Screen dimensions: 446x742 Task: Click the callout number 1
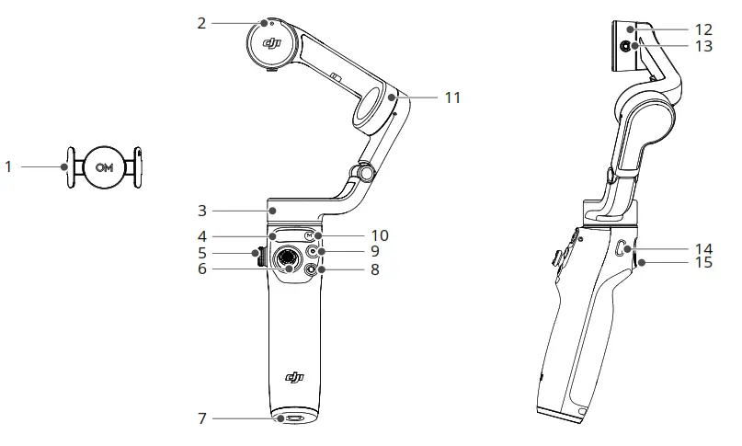pyautogui.click(x=8, y=166)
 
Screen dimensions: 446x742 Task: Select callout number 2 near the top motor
pyautogui.click(x=201, y=22)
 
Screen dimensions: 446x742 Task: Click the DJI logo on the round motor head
pyautogui.click(x=271, y=42)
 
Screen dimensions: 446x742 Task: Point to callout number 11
pyautogui.click(x=451, y=96)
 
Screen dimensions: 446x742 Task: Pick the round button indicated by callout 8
pyautogui.click(x=310, y=269)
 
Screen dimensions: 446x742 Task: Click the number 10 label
pyautogui.click(x=379, y=235)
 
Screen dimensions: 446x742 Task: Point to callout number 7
pyautogui.click(x=201, y=419)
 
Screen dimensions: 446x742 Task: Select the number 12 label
pyautogui.click(x=703, y=29)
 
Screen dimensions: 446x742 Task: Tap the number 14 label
pyautogui.click(x=703, y=249)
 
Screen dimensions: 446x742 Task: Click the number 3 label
pyautogui.click(x=201, y=211)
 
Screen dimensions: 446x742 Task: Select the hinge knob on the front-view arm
pyautogui.click(x=365, y=171)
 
